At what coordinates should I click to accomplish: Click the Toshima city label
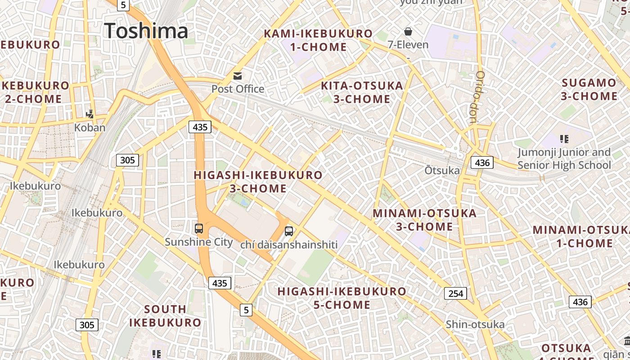[x=146, y=31]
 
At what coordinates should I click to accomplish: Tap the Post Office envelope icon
[x=237, y=76]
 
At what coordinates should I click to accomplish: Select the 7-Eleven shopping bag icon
[x=408, y=31]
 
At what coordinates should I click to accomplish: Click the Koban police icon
[x=90, y=114]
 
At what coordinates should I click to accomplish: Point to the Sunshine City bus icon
[x=199, y=228]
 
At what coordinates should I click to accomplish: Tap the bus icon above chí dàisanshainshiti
[x=289, y=231]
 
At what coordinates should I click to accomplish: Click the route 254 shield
[x=456, y=293]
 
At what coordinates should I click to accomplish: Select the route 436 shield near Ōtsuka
[x=482, y=162]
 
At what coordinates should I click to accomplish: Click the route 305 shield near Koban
[x=127, y=160]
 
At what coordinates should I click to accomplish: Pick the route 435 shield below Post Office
[x=200, y=127]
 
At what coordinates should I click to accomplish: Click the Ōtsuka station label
[x=442, y=171]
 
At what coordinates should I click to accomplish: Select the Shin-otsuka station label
[x=475, y=324]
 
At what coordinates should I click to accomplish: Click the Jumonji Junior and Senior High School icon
[x=564, y=139]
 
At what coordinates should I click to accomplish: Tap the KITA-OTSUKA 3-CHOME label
[x=362, y=92]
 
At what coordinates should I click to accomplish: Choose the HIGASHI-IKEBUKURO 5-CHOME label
[x=342, y=298]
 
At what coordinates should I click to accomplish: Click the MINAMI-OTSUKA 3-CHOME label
[x=424, y=220]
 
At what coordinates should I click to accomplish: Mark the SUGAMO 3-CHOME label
[x=589, y=89]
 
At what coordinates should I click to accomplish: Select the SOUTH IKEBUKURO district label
[x=165, y=315]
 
